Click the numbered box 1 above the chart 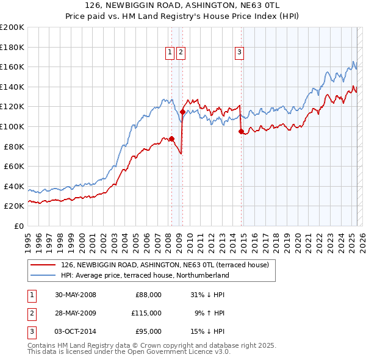pyautogui.click(x=171, y=53)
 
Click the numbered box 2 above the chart pyautogui.click(x=181, y=53)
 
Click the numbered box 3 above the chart pyautogui.click(x=240, y=53)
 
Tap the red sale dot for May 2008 pyautogui.click(x=171, y=139)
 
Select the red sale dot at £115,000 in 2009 pyautogui.click(x=182, y=112)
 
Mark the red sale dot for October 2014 pyautogui.click(x=241, y=131)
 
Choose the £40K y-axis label pyautogui.click(x=14, y=186)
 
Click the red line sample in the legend pyautogui.click(x=43, y=264)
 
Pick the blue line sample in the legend pyautogui.click(x=43, y=275)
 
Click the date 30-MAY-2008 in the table pyautogui.click(x=76, y=295)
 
